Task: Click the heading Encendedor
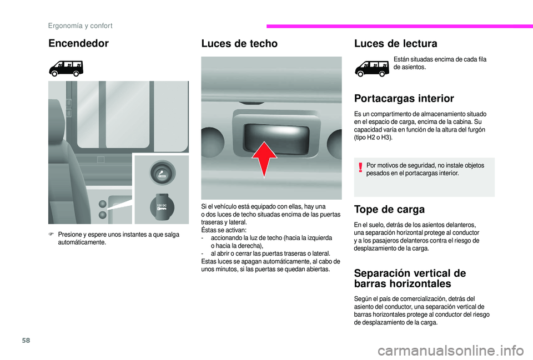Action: click(78, 43)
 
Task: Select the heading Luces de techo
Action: click(239, 43)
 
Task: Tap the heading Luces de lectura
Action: click(395, 43)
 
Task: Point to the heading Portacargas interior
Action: click(404, 99)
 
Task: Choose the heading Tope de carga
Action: click(389, 210)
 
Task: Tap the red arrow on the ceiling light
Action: click(265, 158)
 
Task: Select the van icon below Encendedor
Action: click(66, 68)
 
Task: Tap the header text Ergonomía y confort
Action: click(80, 26)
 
